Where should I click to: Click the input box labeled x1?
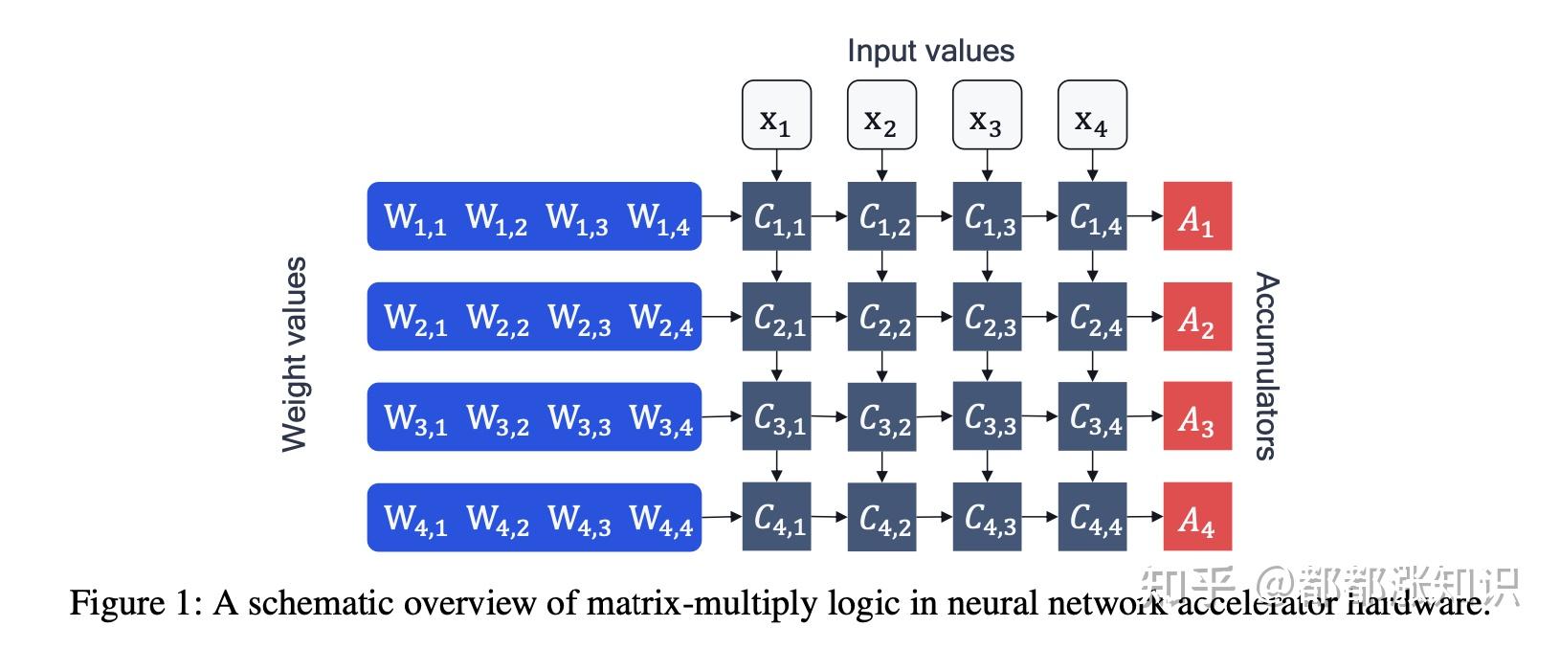coord(776,115)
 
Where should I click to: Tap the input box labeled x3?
coord(987,115)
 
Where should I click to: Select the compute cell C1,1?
coord(776,216)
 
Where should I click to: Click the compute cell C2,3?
coord(987,317)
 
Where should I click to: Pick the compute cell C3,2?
coord(881,417)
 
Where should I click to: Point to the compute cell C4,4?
coord(1092,517)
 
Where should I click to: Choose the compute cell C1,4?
coord(1092,216)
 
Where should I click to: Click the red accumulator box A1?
coord(1196,216)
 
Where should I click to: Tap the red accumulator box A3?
coord(1196,417)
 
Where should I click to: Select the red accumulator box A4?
coord(1196,517)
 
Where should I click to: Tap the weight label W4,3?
coord(578,519)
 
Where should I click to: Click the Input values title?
coord(930,51)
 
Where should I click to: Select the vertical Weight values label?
coord(295,354)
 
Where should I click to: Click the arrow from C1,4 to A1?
coord(1144,216)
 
